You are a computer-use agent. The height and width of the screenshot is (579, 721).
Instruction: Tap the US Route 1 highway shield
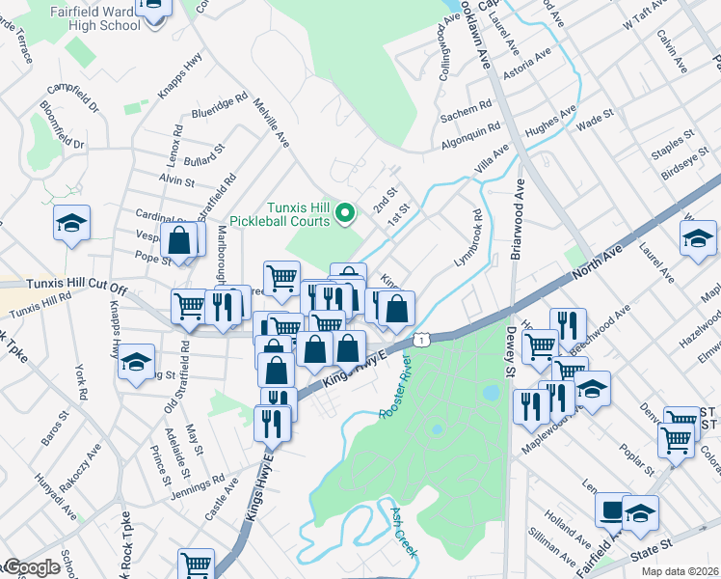point(421,339)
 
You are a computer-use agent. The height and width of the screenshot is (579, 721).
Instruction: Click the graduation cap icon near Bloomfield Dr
point(71,224)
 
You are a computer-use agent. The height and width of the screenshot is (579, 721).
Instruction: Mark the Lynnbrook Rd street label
point(467,238)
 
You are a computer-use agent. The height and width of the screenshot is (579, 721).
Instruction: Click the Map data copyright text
point(682,570)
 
